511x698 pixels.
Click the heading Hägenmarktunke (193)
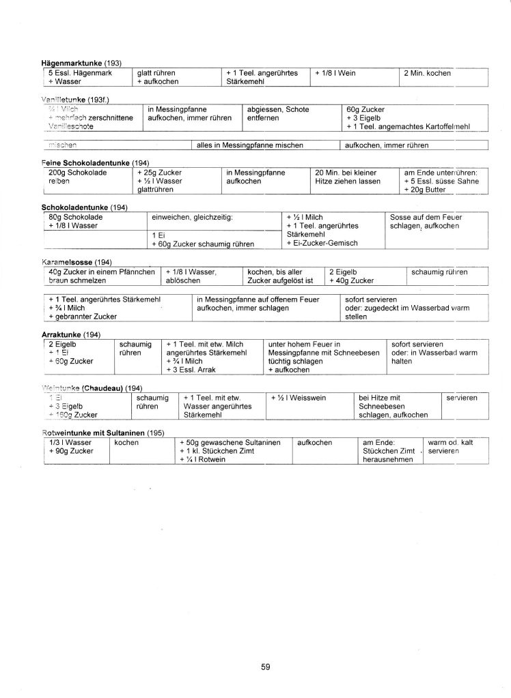coord(82,63)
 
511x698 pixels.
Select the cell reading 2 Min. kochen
coord(428,73)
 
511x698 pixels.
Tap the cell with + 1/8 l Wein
coord(335,73)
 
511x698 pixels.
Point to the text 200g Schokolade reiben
coord(78,177)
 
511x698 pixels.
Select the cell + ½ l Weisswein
coord(298,397)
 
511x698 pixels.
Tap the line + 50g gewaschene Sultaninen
coord(230,443)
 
